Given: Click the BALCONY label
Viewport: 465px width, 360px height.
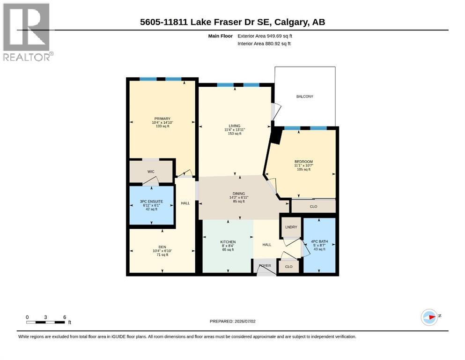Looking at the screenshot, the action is click(304, 97).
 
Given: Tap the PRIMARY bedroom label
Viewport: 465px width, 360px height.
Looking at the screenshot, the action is click(162, 119).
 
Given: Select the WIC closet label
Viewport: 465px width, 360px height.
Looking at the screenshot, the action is click(151, 172).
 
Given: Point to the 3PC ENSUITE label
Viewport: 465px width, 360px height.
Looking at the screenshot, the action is click(151, 202).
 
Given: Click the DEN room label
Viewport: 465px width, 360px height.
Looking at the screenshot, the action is click(162, 247).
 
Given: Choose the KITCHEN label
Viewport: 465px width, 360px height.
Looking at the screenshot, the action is click(228, 242).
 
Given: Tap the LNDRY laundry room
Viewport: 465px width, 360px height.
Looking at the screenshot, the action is click(291, 227).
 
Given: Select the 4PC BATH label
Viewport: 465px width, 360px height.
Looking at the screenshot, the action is click(319, 241).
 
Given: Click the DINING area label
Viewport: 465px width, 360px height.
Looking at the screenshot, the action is click(239, 194).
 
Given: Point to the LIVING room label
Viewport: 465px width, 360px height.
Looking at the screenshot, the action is click(234, 126).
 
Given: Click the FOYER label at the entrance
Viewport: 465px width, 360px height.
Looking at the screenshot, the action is click(265, 266).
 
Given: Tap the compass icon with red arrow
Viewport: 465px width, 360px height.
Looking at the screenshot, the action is click(429, 317).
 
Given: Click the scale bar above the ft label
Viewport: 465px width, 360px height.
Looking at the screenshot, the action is click(45, 322).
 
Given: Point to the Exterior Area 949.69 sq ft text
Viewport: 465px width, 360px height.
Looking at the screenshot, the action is click(265, 36).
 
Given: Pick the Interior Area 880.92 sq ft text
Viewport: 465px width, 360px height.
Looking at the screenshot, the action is click(264, 44).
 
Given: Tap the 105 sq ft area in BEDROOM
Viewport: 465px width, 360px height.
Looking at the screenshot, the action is click(303, 170).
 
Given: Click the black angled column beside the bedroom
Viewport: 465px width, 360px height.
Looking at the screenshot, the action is click(276, 136).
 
